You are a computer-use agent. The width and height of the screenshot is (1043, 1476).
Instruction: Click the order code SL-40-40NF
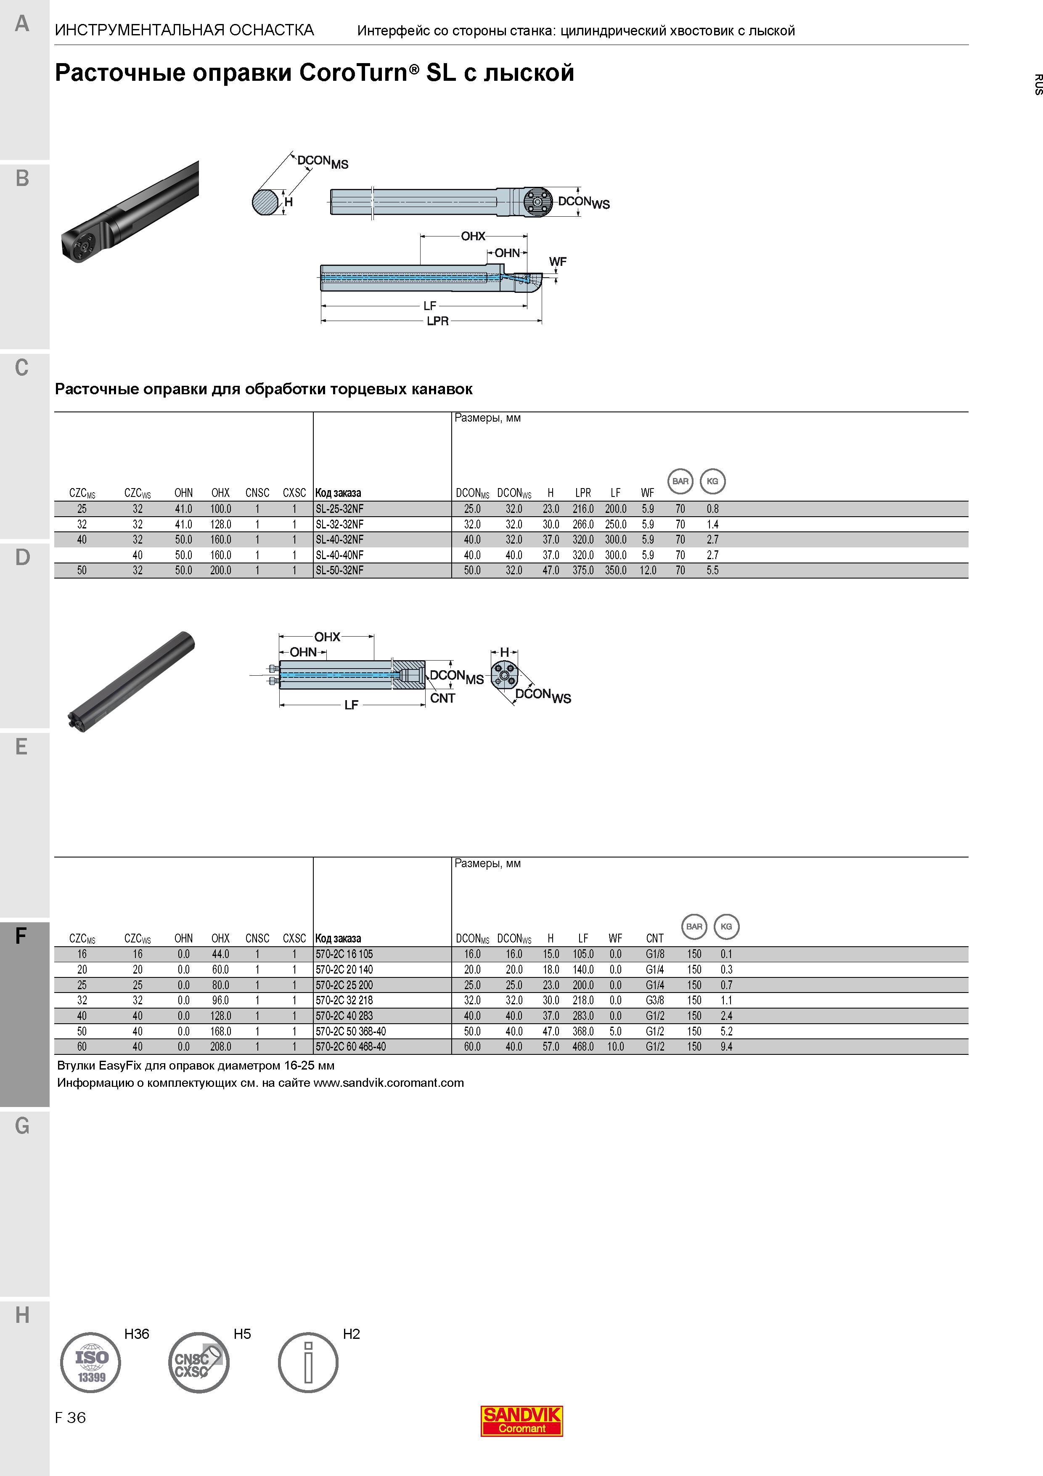click(x=339, y=555)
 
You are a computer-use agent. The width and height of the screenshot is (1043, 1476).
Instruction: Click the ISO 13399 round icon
click(x=90, y=1362)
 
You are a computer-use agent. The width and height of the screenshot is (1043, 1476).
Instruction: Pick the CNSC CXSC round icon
click(x=198, y=1362)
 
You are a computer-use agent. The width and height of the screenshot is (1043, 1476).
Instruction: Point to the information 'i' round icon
click(x=308, y=1362)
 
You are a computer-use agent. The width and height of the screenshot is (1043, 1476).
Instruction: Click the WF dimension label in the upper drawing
click(x=558, y=262)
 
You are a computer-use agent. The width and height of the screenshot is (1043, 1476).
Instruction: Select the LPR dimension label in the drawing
click(x=438, y=321)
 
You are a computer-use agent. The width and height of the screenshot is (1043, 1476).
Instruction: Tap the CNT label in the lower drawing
click(x=443, y=698)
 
